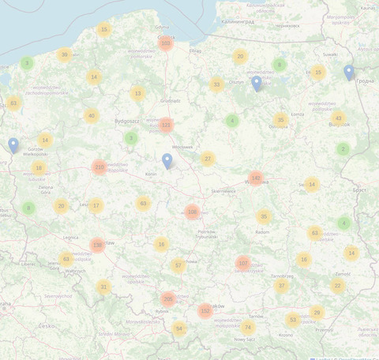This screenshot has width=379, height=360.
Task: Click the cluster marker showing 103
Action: point(165,43)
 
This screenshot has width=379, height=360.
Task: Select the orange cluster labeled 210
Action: point(99,167)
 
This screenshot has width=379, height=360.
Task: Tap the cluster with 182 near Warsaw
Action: point(255,178)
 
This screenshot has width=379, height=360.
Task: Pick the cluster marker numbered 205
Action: point(167,299)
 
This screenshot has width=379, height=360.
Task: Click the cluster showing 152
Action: point(205,311)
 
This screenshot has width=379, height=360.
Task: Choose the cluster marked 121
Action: point(165,125)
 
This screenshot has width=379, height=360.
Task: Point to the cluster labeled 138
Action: point(97,245)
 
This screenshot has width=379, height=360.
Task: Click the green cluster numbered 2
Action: point(343,148)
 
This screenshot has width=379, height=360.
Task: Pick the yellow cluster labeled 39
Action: point(65,54)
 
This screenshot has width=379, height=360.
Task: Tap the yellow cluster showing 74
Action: point(249,328)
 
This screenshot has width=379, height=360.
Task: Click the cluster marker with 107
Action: point(243,263)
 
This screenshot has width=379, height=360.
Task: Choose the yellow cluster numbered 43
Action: point(339,118)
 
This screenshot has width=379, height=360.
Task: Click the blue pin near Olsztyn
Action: point(256,84)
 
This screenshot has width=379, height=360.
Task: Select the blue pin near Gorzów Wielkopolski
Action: point(13,145)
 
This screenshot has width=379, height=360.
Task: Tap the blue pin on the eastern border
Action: point(349,73)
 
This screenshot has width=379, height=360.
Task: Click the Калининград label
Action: point(238,21)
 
